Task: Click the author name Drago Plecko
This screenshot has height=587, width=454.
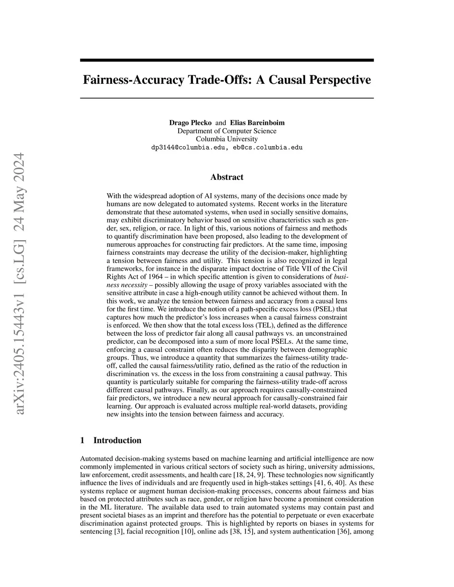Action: pos(190,123)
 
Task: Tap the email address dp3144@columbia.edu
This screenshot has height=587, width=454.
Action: pos(188,148)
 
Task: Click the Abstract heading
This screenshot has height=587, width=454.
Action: pos(227,177)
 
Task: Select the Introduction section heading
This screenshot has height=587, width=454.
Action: pos(117,440)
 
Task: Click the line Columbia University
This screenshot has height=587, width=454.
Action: pos(227,139)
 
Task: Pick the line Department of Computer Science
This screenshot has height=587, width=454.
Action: pos(227,131)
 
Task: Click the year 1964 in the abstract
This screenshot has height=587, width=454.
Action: pos(158,277)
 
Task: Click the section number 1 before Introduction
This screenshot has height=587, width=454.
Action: pos(82,440)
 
